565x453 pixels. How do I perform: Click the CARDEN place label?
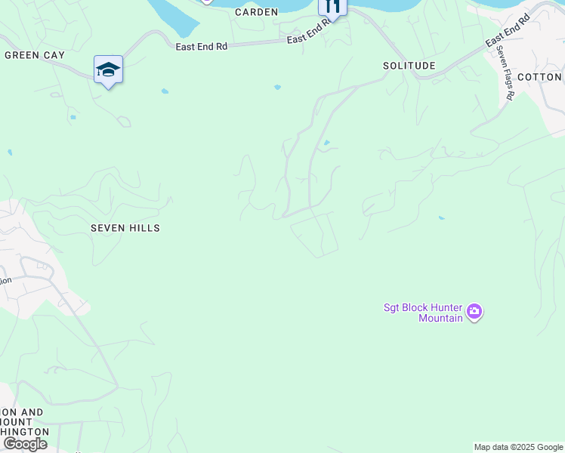tap(256, 12)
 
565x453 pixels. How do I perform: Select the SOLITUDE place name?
tap(409, 66)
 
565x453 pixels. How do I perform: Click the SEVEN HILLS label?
tap(125, 227)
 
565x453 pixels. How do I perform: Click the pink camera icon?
tap(474, 311)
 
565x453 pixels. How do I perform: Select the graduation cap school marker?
tap(108, 69)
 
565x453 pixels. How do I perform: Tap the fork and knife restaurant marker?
tap(332, 7)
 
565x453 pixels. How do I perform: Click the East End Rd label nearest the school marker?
tap(201, 47)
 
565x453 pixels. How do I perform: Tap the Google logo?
tap(25, 444)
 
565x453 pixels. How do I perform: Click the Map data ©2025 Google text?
tap(518, 447)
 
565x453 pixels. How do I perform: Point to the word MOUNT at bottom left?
tap(48, 419)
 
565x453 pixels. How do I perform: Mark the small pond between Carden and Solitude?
tap(277, 88)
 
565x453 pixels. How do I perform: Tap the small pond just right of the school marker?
tap(165, 91)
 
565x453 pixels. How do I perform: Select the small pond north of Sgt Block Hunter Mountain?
tap(440, 218)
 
